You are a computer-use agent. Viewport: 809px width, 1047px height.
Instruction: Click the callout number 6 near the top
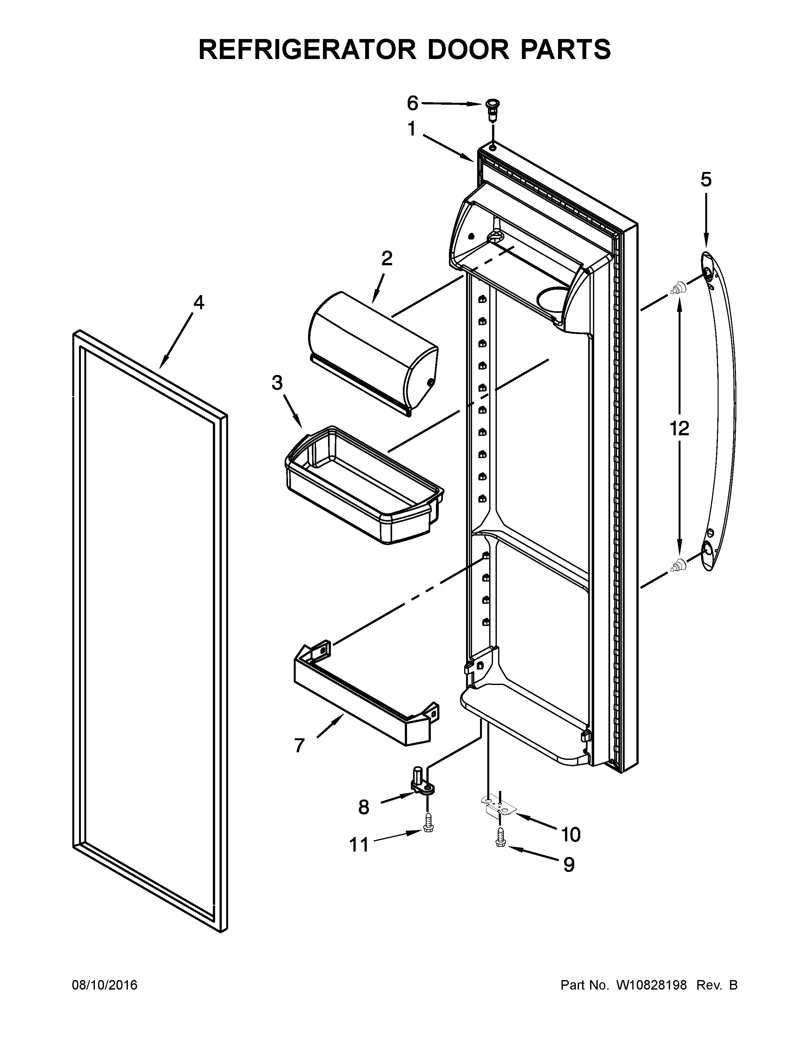(412, 102)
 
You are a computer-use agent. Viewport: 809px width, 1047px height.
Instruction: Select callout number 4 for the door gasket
(198, 302)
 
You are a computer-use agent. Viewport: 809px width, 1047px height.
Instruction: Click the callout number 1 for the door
(411, 129)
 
